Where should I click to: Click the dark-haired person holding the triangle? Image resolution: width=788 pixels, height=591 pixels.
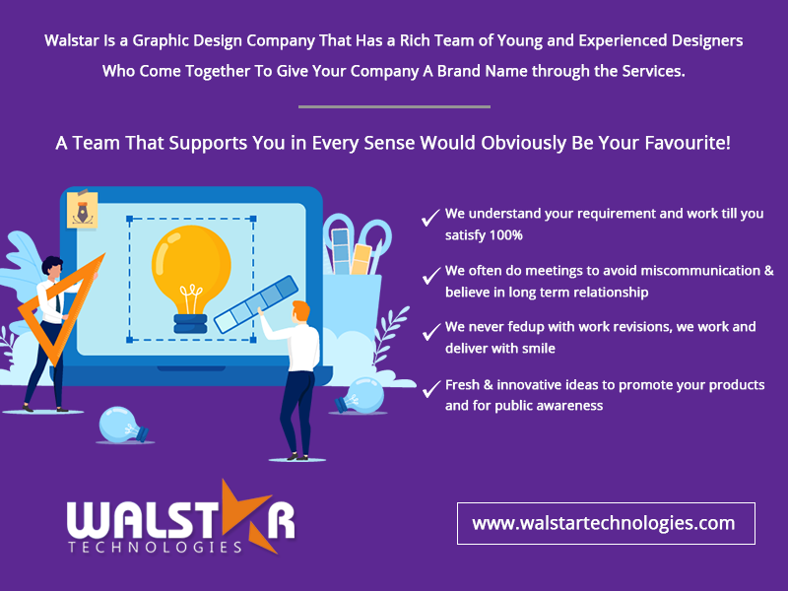(47, 325)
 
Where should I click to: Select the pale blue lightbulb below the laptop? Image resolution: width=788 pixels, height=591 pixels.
(123, 425)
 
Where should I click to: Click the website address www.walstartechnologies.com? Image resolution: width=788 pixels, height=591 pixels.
(604, 523)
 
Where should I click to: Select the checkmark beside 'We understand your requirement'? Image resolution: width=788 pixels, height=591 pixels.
(429, 218)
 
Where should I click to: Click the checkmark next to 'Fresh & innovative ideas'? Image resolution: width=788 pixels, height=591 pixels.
(429, 389)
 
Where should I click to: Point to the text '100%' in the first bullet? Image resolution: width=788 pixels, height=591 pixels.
(505, 235)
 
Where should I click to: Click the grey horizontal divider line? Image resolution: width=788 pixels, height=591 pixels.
(394, 106)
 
